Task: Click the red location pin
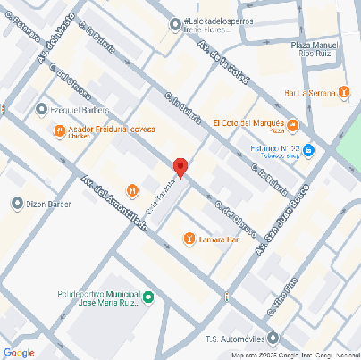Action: tap(180, 167)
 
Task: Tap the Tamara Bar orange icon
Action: tap(189, 238)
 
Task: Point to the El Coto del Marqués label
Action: tap(247, 122)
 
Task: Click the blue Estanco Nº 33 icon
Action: tap(307, 149)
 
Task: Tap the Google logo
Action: tap(18, 352)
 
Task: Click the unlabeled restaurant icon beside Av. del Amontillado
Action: tap(132, 188)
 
